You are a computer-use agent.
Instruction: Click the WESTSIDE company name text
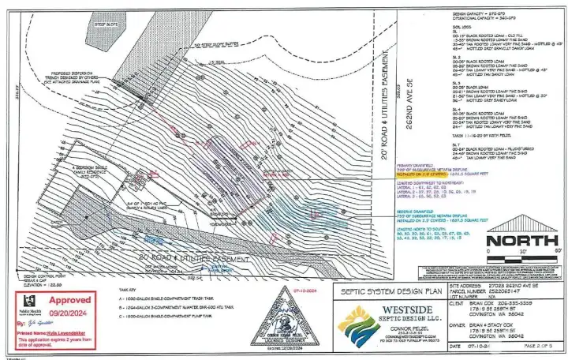point(403,311)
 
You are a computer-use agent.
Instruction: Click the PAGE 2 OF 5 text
point(536,345)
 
